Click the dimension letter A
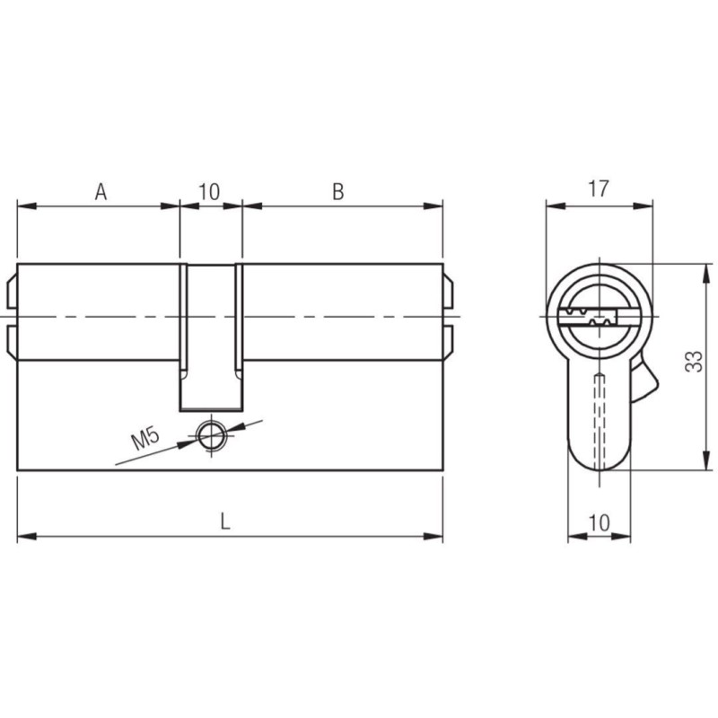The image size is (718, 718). pyautogui.click(x=101, y=191)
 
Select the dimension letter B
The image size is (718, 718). pyautogui.click(x=338, y=191)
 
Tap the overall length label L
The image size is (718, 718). pyautogui.click(x=225, y=521)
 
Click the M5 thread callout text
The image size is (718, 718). pyautogui.click(x=145, y=438)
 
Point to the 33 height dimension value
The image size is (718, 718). pyautogui.click(x=693, y=362)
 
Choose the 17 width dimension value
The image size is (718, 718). pyautogui.click(x=598, y=188)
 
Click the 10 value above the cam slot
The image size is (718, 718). pyautogui.click(x=209, y=191)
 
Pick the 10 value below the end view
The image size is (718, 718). pyautogui.click(x=599, y=522)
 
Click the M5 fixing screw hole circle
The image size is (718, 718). pyautogui.click(x=211, y=434)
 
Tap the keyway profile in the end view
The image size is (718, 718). pyautogui.click(x=587, y=317)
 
